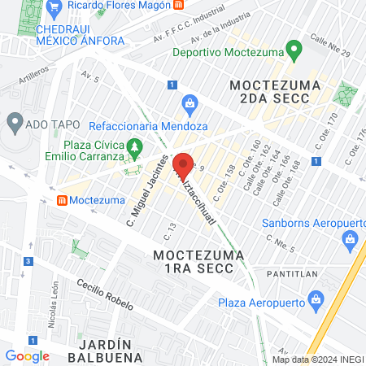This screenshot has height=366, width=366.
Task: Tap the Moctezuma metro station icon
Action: tap(62, 199)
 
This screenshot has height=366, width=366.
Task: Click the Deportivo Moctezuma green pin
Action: tap(294, 51)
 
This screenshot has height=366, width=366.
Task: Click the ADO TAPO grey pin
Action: tap(14, 124)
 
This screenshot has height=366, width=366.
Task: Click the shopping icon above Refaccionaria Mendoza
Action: tap(190, 103)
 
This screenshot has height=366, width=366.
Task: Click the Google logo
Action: tap(27, 355)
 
